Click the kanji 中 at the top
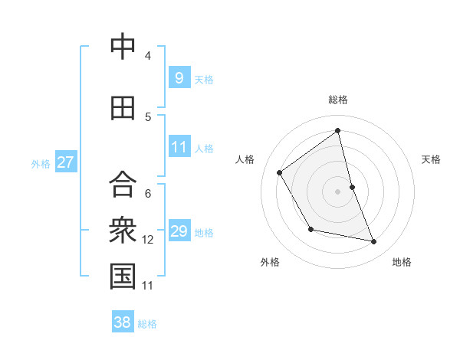coord(123,47)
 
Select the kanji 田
coord(123,108)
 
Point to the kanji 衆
coord(123,229)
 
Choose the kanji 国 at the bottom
coord(123,277)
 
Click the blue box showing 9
coord(179,77)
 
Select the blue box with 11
coord(179,147)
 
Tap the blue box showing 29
coord(179,231)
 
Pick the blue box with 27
coord(65,162)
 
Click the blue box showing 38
coord(123,322)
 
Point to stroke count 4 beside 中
coord(148,56)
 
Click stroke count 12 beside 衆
coord(148,240)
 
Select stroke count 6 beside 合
coord(148,194)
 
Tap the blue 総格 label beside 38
coord(147,324)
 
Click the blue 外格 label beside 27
coord(41,163)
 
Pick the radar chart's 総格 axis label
coord(338,100)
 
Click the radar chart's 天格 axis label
coord(431,159)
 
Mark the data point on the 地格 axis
coord(374,242)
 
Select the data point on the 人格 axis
coord(280,172)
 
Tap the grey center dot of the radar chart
coord(338,191)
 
